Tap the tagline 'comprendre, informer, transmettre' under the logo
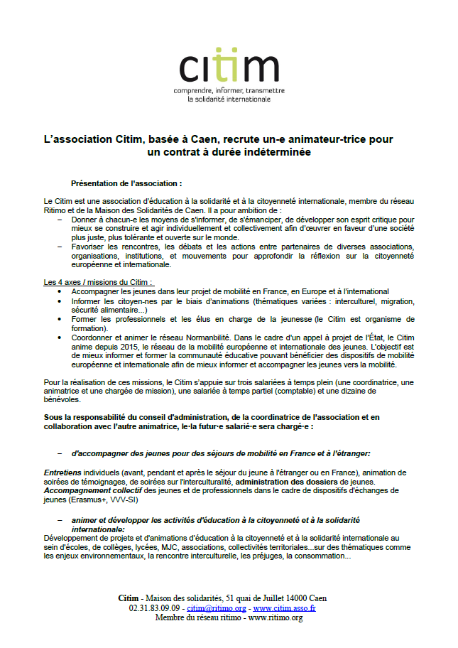229,90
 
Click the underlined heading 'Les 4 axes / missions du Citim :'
98,282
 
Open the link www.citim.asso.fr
284,608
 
